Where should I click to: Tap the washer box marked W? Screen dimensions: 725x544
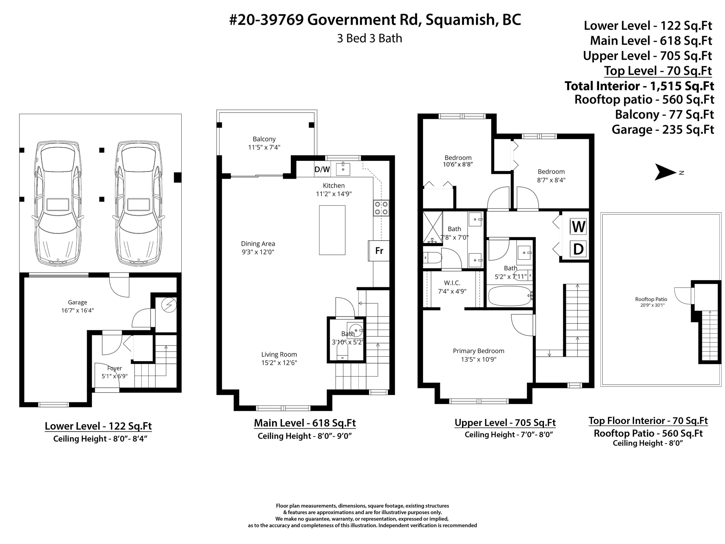(x=578, y=227)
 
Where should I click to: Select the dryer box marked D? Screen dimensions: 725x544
(x=578, y=249)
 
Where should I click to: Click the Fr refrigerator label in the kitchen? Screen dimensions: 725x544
(x=379, y=251)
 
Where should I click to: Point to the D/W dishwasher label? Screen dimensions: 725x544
(x=322, y=169)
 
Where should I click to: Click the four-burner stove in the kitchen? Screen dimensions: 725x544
(x=381, y=208)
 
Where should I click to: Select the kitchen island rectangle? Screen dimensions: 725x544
(x=332, y=230)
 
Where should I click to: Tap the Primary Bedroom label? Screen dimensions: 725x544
(x=478, y=351)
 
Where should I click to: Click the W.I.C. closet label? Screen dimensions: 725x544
(x=452, y=283)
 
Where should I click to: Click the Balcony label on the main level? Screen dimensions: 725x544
(x=264, y=139)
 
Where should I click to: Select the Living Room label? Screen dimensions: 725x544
(x=279, y=354)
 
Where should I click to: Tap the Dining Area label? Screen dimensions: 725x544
(x=258, y=244)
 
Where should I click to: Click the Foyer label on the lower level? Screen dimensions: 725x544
(x=114, y=368)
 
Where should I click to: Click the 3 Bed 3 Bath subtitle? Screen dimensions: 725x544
(x=369, y=38)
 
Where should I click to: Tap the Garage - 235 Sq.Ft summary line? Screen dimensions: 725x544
(x=663, y=130)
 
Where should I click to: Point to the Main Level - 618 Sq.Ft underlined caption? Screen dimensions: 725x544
(x=305, y=423)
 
